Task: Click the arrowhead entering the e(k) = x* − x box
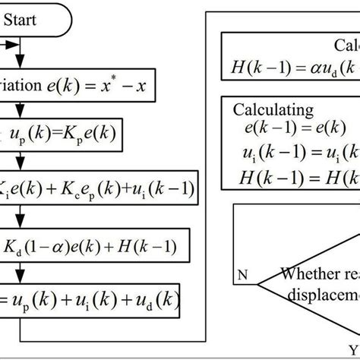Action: (23, 69)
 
